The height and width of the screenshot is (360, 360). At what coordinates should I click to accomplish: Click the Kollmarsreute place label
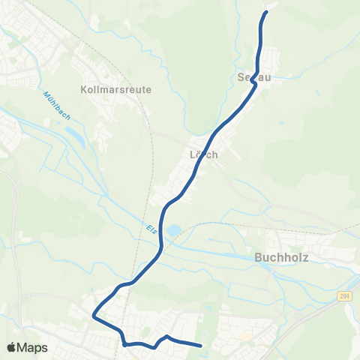115,89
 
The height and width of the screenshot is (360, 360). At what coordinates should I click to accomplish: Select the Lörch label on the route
203,154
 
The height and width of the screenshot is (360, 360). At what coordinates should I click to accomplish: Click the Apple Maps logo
27,347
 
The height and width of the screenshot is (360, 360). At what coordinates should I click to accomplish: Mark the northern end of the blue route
265,13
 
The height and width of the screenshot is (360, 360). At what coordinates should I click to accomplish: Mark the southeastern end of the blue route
201,345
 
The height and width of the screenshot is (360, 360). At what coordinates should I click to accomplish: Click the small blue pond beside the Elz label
173,232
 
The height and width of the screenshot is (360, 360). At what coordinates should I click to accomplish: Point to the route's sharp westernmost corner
94,316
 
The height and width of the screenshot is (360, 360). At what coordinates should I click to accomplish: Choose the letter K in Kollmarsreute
83,89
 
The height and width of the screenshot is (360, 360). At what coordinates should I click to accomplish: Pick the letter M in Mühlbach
45,94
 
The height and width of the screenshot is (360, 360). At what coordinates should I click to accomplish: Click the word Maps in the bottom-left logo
33,347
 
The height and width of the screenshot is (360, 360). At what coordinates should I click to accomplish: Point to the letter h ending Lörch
214,154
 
